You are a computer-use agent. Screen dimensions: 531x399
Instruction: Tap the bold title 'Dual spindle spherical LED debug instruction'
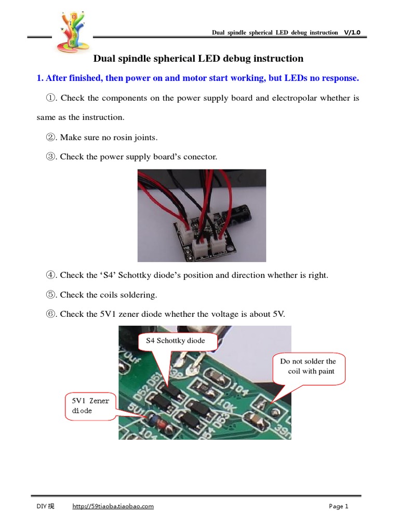tap(198, 59)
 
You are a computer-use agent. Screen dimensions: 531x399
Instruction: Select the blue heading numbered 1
tap(197, 78)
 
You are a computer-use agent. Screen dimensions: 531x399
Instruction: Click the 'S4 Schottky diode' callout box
tap(175, 341)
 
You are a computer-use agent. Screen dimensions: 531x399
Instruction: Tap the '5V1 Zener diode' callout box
tap(87, 406)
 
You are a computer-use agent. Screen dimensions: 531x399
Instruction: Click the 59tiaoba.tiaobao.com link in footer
tap(112, 506)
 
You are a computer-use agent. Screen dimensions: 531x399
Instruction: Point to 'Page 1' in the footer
tap(338, 506)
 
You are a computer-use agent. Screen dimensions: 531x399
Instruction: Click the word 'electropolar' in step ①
tap(297, 98)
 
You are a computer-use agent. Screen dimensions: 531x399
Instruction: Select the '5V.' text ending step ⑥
tap(278, 314)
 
